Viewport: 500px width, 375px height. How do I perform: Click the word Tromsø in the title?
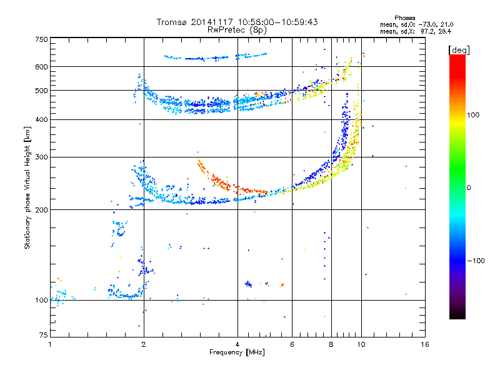coord(172,22)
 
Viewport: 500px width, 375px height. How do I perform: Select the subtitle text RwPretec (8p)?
coord(237,30)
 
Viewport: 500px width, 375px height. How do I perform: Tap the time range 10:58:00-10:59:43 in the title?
coord(277,22)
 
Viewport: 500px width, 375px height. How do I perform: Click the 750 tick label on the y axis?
coord(42,39)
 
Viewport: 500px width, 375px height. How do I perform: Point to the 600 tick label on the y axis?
coord(42,67)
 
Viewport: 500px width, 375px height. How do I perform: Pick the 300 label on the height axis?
coord(42,157)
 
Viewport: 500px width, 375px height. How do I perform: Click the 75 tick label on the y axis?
coord(44,335)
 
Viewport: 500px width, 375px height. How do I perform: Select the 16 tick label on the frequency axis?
coord(425,344)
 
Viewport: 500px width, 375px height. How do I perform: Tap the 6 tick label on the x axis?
coord(292,344)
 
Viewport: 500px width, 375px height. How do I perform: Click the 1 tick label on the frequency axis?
coord(50,344)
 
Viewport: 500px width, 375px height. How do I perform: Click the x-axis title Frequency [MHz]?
coord(237,352)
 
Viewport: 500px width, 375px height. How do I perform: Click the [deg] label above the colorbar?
coord(459,51)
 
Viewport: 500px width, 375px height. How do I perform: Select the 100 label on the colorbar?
coord(473,115)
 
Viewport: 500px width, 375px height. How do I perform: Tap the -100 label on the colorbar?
coord(476,261)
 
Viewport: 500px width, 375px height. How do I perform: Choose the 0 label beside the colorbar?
coord(469,188)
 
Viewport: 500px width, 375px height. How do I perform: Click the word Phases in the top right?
coord(405,18)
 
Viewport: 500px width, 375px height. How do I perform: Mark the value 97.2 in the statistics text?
coord(427,31)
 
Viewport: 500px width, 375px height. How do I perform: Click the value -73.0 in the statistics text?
coord(427,24)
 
